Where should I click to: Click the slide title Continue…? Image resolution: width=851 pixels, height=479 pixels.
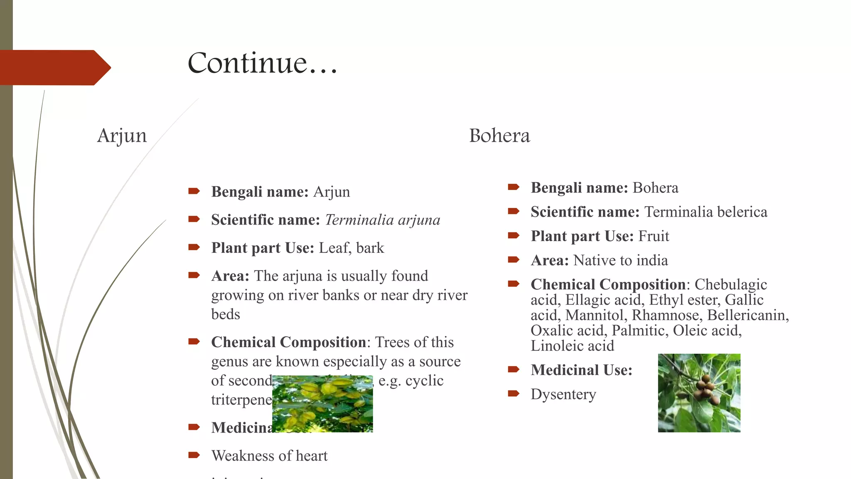click(x=262, y=63)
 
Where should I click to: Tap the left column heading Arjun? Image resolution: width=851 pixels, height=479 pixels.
click(x=122, y=136)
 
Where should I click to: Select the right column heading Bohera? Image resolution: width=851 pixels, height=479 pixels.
click(x=499, y=136)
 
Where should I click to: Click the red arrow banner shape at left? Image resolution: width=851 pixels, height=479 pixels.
click(x=54, y=67)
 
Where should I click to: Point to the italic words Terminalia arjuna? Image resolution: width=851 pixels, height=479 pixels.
click(x=382, y=220)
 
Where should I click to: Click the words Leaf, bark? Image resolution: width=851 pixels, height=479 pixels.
click(x=351, y=248)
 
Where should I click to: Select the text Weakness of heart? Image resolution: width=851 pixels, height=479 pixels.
click(x=269, y=456)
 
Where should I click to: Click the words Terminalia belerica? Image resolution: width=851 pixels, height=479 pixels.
click(x=706, y=212)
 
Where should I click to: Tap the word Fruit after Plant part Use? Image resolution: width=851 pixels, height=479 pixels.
click(x=654, y=236)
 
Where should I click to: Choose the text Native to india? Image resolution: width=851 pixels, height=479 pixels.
click(x=620, y=260)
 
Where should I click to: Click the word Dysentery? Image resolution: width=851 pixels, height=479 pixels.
click(x=563, y=394)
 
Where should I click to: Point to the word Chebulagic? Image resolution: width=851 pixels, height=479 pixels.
click(x=730, y=284)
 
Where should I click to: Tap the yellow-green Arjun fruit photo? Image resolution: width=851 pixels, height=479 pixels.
click(x=322, y=404)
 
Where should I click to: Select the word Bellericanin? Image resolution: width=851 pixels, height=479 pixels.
click(x=746, y=315)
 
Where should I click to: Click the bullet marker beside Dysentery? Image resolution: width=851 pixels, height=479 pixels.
click(x=514, y=393)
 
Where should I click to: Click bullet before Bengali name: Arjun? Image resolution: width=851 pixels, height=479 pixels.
click(x=194, y=191)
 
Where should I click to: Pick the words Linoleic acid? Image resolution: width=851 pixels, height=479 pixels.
click(x=572, y=346)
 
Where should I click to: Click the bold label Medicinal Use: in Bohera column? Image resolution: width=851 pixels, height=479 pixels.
click(x=581, y=370)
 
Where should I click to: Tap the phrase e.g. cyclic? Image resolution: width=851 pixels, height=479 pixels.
click(x=411, y=380)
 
